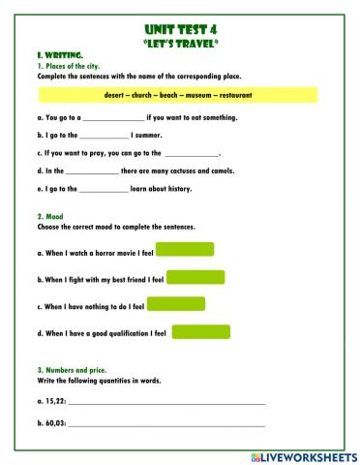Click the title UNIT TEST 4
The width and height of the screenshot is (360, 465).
click(179, 30)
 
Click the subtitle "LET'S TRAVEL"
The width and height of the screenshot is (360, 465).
click(179, 44)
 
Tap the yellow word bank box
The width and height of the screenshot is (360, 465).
click(179, 95)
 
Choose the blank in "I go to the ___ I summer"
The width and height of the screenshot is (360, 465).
click(98, 136)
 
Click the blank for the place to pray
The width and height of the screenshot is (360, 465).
click(192, 153)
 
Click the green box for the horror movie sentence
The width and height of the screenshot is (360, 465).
click(184, 250)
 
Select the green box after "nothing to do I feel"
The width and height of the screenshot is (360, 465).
click(176, 304)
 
